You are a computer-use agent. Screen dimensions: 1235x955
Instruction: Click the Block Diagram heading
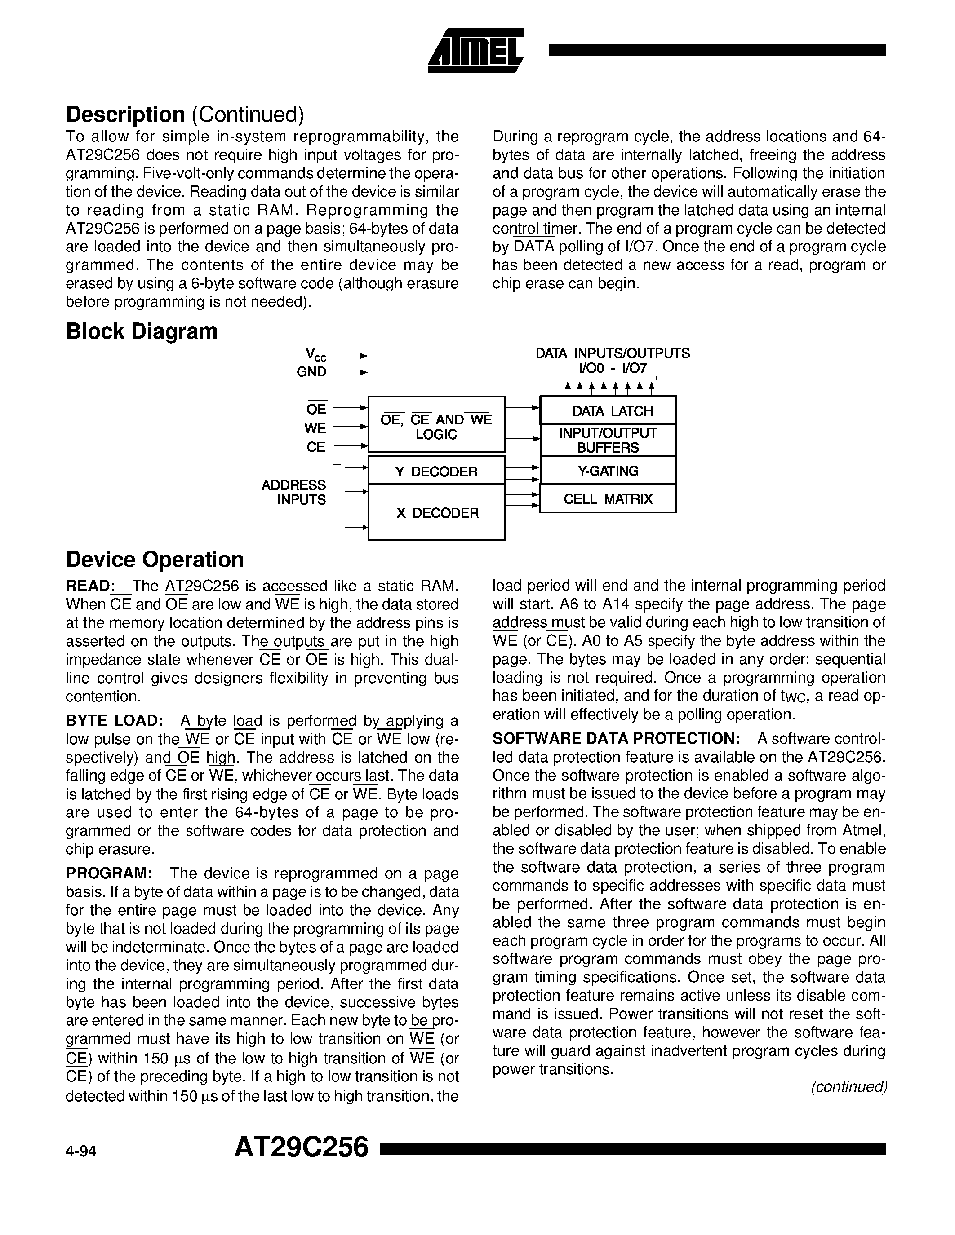coord(142,331)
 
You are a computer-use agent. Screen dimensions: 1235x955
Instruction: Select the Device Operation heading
coord(155,559)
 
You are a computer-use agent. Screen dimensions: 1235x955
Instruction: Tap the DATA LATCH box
coord(608,411)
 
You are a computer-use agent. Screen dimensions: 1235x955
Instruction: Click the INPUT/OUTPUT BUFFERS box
coord(608,441)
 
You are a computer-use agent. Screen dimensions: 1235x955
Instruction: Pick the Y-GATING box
coord(608,471)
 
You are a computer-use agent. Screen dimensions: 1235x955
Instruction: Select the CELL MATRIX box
coord(608,499)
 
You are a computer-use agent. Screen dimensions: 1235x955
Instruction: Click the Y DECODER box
coord(436,471)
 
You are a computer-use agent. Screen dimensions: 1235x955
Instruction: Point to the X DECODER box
coord(436,512)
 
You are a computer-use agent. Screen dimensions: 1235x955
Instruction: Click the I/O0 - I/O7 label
coord(612,369)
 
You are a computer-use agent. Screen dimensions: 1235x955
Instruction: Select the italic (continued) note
coord(848,1087)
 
